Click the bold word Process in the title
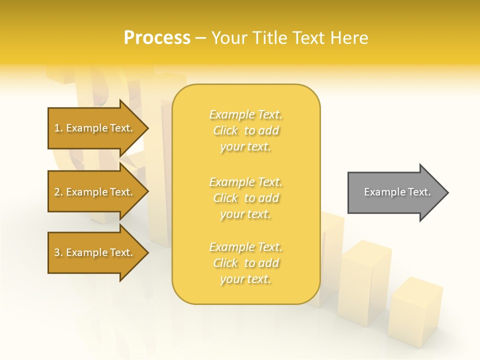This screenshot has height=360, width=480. (157, 38)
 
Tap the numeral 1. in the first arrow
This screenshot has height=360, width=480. (58, 128)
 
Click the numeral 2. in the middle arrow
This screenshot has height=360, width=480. (58, 192)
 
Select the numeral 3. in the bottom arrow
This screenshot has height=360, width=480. (58, 252)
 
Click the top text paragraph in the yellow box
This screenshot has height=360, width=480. (245, 130)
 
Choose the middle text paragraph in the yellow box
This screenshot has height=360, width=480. (245, 198)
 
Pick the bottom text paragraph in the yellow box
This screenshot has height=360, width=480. (245, 263)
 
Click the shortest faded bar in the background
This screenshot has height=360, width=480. (415, 312)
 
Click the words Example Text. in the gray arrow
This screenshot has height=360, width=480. (397, 192)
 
